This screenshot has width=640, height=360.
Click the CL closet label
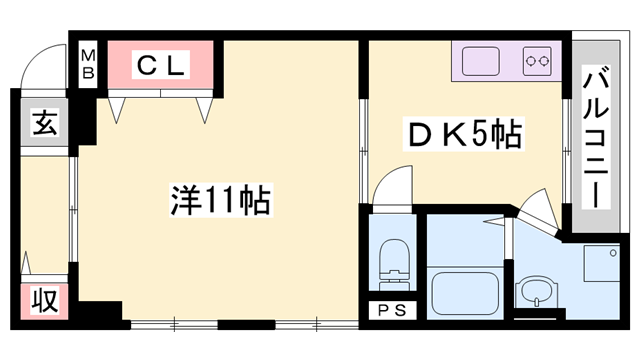click(159, 66)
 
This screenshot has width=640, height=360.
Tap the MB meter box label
click(88, 64)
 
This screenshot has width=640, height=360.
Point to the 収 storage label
click(43, 300)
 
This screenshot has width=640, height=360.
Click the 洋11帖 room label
click(220, 199)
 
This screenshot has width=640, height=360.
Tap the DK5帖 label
click(463, 135)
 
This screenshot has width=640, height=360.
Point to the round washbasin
click(532, 295)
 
